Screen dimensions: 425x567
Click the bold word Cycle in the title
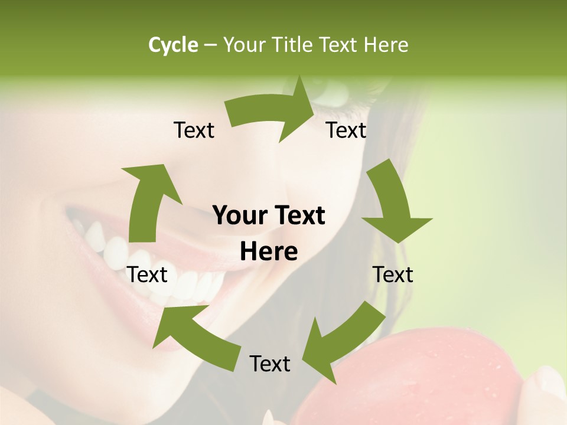(173, 44)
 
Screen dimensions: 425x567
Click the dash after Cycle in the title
(210, 45)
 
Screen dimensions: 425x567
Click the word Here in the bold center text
(269, 252)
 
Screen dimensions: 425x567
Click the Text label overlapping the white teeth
(148, 274)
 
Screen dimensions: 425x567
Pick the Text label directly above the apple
(270, 364)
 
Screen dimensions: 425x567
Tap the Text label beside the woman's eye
(346, 130)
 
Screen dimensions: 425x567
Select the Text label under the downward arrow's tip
(393, 274)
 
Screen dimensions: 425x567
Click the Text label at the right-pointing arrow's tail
(194, 130)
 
